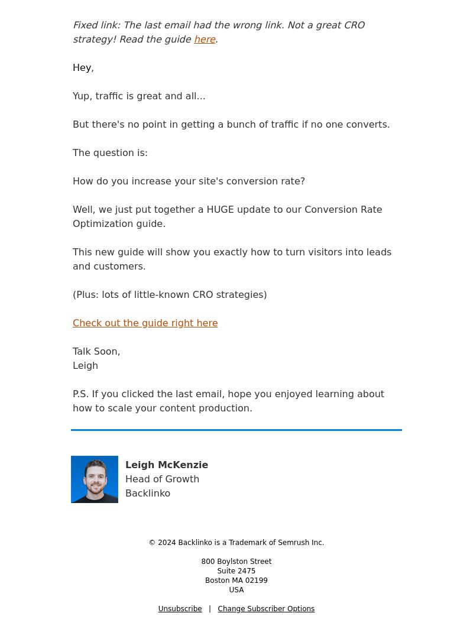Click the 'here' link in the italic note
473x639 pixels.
(205, 40)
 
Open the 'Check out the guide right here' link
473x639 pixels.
(145, 323)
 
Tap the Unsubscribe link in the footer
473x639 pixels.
(180, 609)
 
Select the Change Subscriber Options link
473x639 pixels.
(266, 609)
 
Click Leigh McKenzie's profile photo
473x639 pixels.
(95, 479)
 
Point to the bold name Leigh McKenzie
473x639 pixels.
(167, 465)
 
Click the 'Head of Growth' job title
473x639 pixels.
(162, 479)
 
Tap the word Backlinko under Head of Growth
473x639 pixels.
(148, 494)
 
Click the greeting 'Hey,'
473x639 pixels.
(83, 68)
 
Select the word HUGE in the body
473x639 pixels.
(221, 210)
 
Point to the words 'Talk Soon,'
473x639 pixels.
(96, 352)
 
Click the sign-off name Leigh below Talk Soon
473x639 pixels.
(85, 366)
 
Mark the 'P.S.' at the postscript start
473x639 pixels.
(81, 394)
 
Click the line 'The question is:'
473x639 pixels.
(110, 153)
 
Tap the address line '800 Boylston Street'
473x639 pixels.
(237, 562)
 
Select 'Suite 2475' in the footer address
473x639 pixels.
(237, 571)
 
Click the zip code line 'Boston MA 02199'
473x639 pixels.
(237, 580)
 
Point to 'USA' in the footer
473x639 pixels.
(237, 590)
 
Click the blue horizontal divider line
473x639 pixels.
(237, 430)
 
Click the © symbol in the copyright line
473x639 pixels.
(152, 543)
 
